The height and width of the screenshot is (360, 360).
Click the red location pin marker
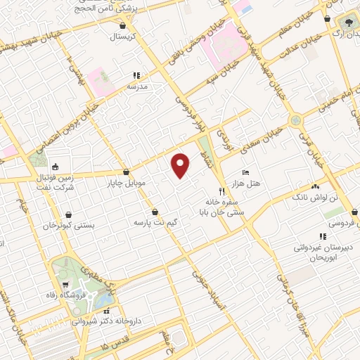[x=181, y=165]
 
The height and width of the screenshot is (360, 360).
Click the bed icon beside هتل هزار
[x=245, y=172]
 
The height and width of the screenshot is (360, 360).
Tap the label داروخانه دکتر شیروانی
[x=105, y=320]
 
